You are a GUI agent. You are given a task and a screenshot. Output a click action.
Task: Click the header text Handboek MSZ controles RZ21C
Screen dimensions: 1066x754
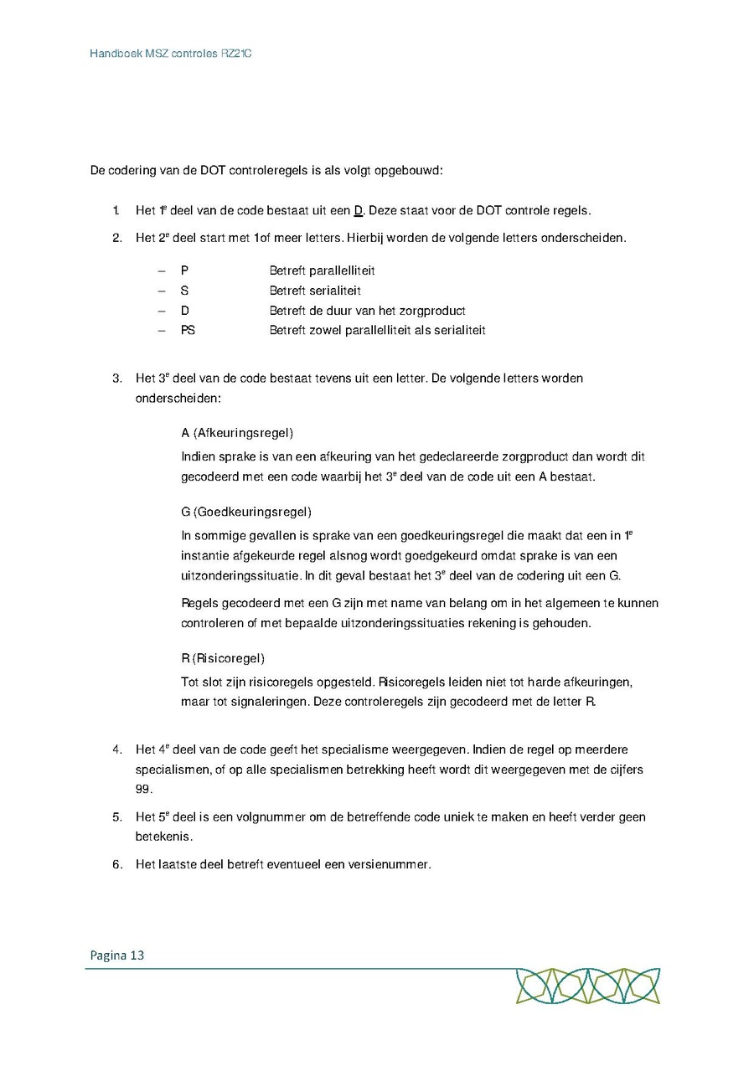[x=171, y=54]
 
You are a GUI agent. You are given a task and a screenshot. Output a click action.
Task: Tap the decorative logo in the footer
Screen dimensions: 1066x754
[x=587, y=986]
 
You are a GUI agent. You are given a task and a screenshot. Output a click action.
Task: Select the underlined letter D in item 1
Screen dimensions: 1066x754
[x=359, y=210]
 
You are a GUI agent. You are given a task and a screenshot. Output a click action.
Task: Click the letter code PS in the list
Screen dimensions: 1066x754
[x=188, y=331]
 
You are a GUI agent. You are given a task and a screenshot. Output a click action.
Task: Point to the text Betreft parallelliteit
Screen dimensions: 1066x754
[x=322, y=270]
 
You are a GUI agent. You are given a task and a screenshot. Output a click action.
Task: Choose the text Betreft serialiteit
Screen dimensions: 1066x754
[x=315, y=291]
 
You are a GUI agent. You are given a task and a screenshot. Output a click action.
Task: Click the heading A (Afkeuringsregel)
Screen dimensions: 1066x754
[x=237, y=433]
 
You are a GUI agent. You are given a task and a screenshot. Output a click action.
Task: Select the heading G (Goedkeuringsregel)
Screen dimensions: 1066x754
[x=246, y=512]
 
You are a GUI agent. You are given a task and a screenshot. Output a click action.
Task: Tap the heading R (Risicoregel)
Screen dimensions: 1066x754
[x=223, y=658]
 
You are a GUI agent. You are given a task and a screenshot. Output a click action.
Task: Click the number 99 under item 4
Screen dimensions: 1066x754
[x=144, y=789]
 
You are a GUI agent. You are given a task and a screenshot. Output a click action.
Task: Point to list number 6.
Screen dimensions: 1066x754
[x=117, y=864]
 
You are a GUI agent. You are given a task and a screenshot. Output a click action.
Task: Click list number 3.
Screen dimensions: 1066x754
[x=117, y=378]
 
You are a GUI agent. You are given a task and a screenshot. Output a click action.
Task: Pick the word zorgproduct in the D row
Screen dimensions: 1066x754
[x=431, y=311]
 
